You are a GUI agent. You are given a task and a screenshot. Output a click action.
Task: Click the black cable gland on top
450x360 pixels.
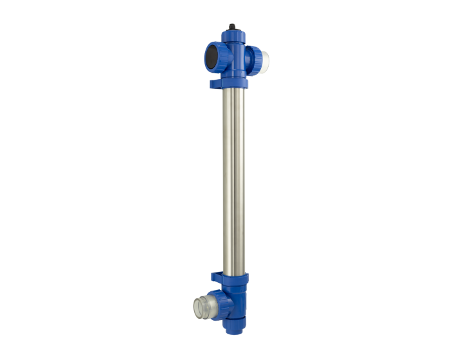(232, 28)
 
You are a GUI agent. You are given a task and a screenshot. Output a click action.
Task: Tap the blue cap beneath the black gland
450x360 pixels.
(233, 37)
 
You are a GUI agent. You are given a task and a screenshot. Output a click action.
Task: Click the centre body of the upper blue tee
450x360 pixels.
(234, 58)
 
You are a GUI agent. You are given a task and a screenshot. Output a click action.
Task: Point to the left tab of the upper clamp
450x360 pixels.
(214, 83)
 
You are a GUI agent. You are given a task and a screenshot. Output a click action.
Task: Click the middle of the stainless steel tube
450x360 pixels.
(233, 180)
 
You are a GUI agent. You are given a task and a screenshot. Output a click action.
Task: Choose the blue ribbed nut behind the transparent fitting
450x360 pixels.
(217, 300)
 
